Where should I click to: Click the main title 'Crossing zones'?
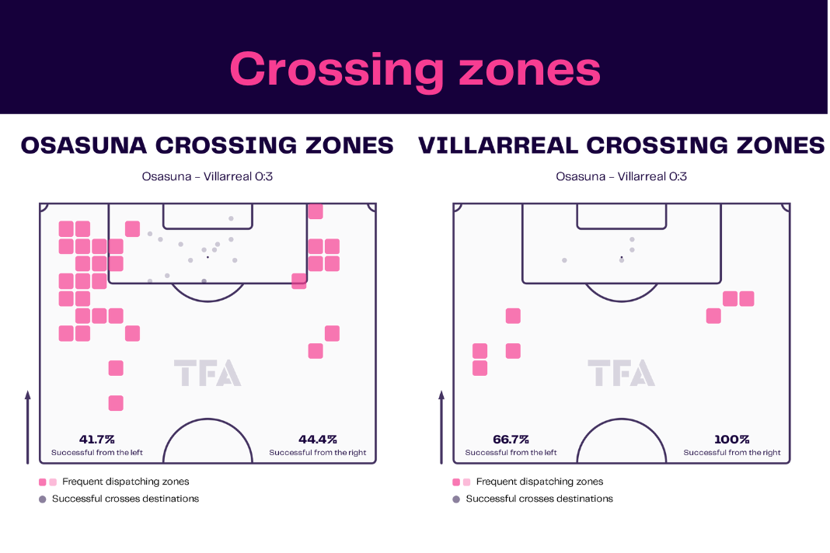click(415, 70)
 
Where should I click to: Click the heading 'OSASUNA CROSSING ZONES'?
click(207, 145)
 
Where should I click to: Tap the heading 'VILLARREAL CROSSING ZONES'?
click(622, 145)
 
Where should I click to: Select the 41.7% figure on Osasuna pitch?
click(97, 440)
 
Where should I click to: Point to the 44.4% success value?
click(318, 440)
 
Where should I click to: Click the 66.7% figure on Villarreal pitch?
click(511, 440)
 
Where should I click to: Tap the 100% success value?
click(731, 440)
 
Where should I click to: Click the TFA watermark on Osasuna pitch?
click(207, 373)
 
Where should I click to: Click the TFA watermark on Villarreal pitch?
click(622, 373)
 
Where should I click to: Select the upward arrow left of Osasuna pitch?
click(27, 428)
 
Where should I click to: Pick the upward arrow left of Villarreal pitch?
click(441, 428)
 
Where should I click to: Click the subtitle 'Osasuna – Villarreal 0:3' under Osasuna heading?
click(207, 176)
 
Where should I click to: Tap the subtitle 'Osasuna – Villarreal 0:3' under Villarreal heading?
click(622, 176)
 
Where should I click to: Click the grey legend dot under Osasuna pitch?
click(42, 499)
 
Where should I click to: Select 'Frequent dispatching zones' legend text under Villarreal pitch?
click(539, 482)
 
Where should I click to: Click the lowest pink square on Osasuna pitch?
click(116, 403)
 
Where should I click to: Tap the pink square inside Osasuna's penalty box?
click(132, 229)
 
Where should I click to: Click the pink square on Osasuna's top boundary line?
click(316, 211)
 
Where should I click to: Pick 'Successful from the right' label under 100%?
click(731, 453)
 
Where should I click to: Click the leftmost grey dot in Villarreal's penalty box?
click(564, 260)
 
